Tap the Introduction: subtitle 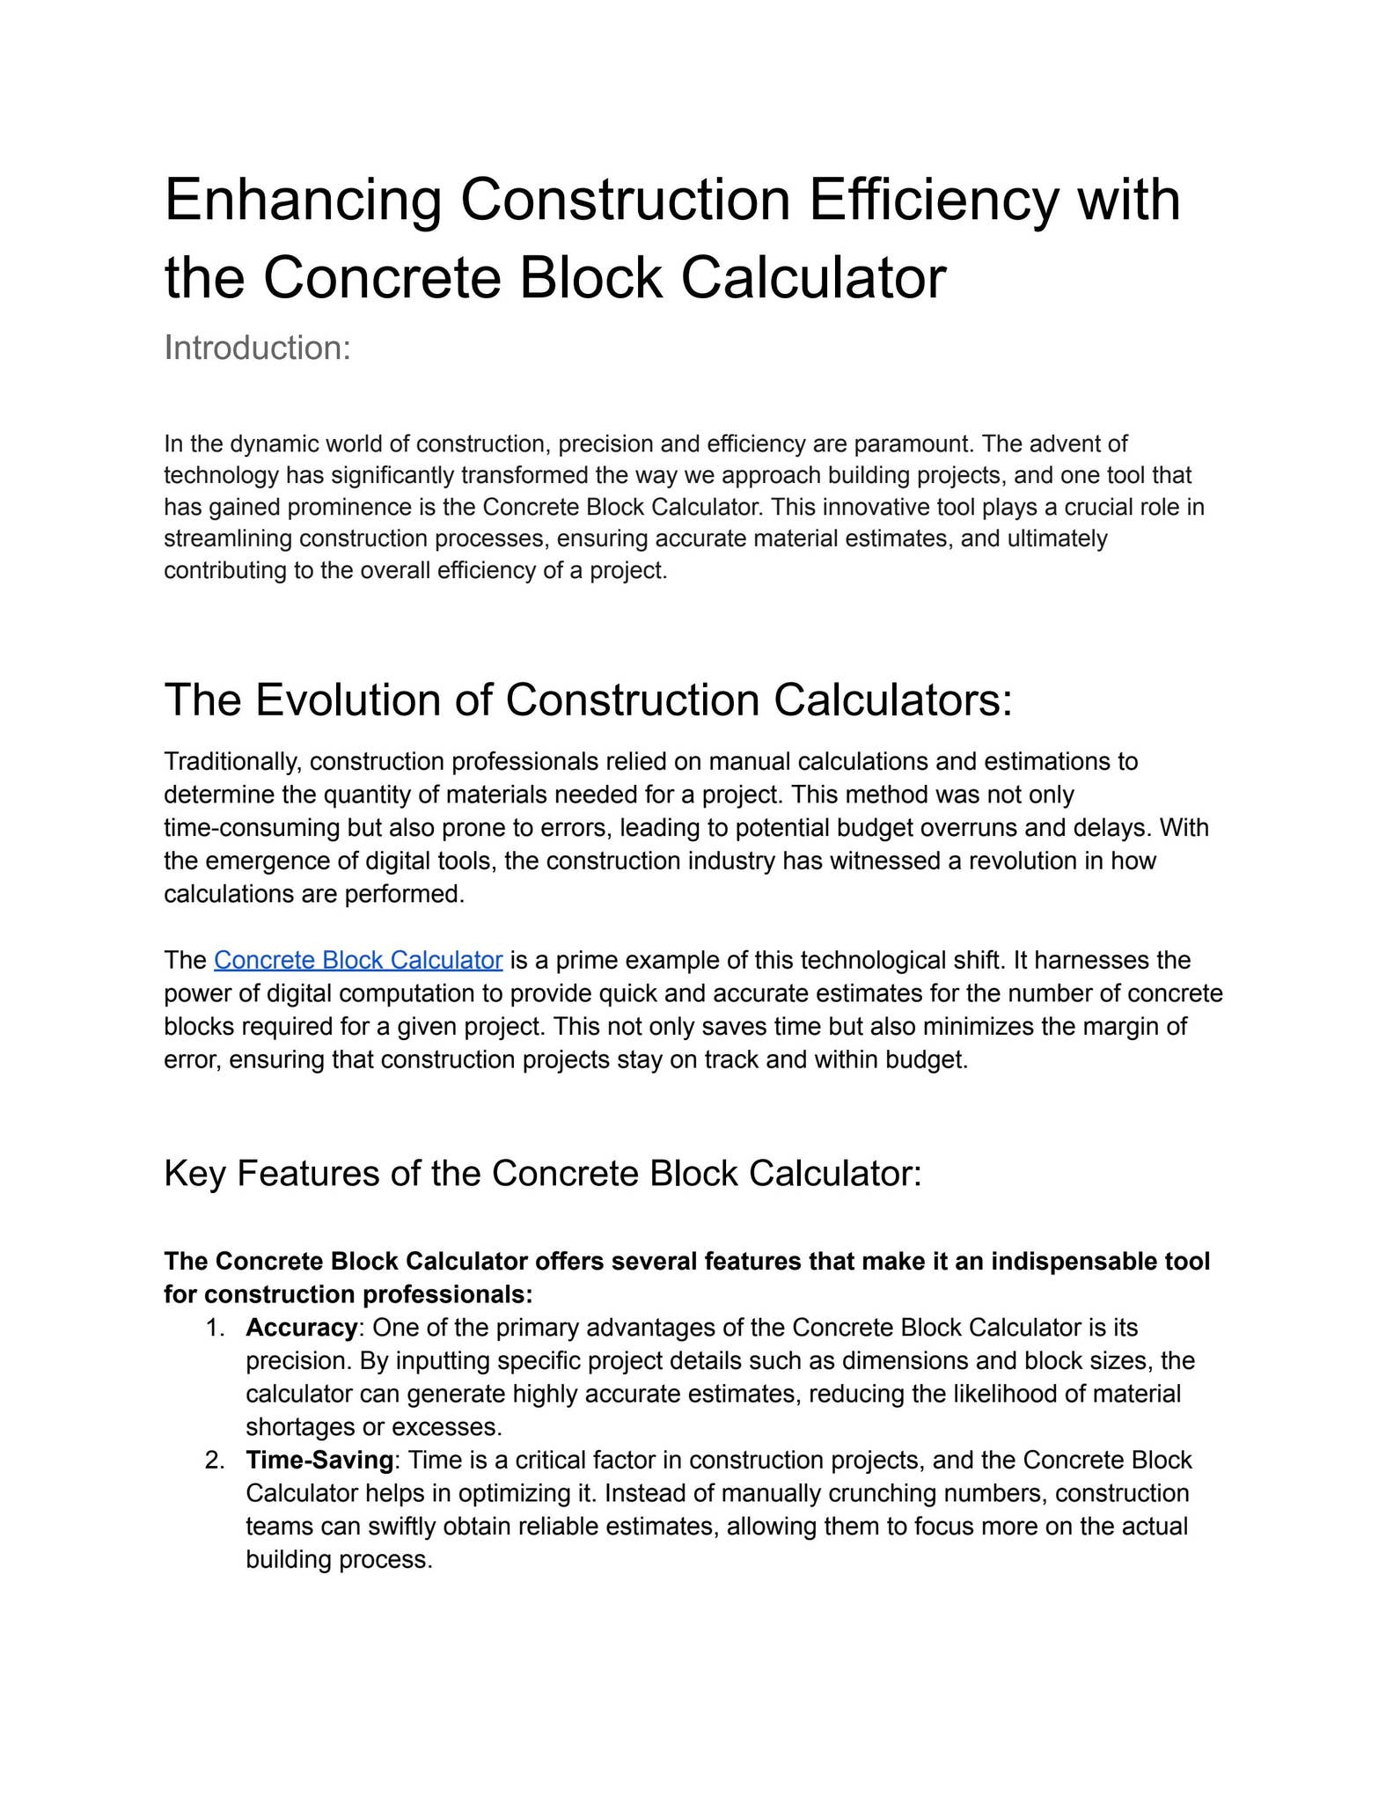point(257,348)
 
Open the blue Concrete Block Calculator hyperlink point(358,960)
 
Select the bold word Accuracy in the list point(301,1327)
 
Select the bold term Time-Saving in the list point(319,1460)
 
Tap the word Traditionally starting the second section point(233,761)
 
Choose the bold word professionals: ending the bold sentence point(448,1294)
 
